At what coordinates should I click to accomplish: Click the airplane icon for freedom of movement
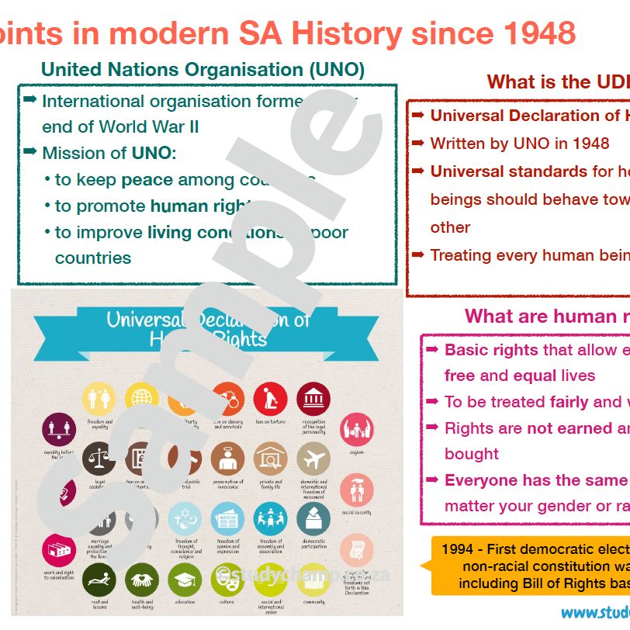coord(313,460)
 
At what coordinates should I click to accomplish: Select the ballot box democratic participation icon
coord(313,519)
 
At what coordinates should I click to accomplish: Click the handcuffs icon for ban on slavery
coord(227,399)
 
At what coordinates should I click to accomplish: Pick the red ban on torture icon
coord(270,399)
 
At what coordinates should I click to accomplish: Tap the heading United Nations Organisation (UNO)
coord(202,69)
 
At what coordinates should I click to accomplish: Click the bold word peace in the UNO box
coord(147,180)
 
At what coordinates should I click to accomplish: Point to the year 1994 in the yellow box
coord(458,549)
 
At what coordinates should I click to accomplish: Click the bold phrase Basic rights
coord(491,350)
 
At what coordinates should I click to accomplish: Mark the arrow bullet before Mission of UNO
coord(30,152)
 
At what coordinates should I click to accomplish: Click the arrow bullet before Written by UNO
coord(417,144)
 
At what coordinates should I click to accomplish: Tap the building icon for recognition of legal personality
coord(313,399)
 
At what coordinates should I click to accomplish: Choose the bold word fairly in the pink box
coord(569,402)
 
